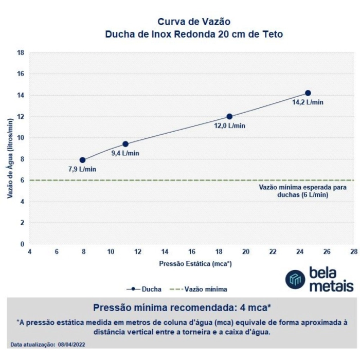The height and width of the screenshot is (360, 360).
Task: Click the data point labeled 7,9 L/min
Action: [82, 160]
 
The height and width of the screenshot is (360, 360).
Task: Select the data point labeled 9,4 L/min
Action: [125, 144]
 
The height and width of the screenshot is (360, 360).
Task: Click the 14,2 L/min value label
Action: [308, 102]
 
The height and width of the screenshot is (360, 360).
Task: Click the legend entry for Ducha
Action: [146, 289]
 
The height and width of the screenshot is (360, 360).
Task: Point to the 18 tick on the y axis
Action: [21, 52]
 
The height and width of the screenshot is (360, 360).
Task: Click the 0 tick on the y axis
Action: [23, 244]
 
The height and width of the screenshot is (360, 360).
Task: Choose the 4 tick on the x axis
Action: [29, 252]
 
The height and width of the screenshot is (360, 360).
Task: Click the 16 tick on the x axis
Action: [192, 252]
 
